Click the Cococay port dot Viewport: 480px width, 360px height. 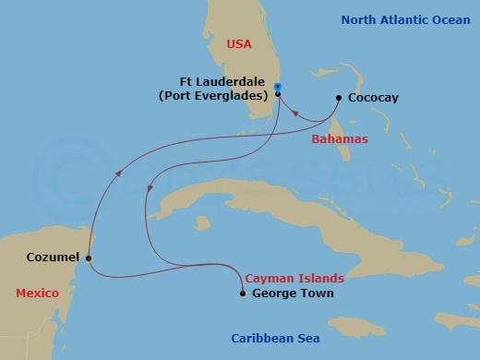339,98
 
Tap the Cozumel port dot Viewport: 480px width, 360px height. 89,258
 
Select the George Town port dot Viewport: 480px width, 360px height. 242,294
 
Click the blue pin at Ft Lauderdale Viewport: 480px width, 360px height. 278,89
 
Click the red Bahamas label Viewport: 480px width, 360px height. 338,138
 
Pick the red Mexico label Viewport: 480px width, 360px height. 37,293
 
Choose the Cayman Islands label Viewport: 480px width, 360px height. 294,277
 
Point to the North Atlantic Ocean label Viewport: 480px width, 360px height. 399,18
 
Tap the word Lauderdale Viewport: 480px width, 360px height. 237,80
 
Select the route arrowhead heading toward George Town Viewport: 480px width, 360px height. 150,189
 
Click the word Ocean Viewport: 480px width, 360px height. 451,18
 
